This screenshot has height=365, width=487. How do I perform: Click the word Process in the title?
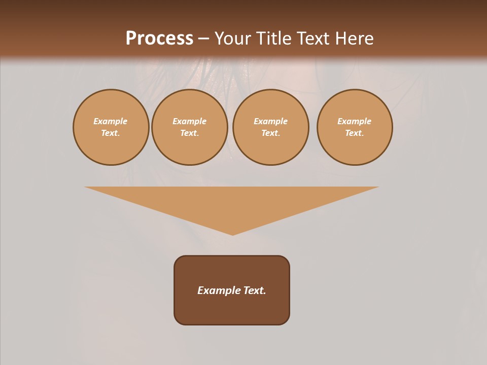[x=159, y=39]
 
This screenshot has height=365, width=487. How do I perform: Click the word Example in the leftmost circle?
[x=111, y=121]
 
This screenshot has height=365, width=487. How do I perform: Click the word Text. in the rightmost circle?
[x=354, y=133]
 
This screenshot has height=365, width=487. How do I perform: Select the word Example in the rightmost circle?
[x=354, y=121]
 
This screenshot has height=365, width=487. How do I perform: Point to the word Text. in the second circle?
[x=189, y=133]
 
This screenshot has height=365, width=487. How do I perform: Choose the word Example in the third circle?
[x=270, y=121]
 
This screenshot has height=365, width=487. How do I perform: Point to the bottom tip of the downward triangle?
[x=232, y=234]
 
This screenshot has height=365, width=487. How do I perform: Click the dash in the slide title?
[x=203, y=39]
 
